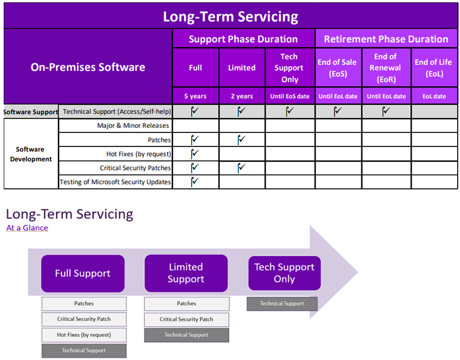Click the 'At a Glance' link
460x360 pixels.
27,228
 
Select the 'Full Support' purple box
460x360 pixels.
83,273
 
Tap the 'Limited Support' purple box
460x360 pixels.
186,273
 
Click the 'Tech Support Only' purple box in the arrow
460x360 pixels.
284,273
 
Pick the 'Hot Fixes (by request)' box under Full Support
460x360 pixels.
84,335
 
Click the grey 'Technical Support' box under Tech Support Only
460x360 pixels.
282,304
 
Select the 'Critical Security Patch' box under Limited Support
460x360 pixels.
186,319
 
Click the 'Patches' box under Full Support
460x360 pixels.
84,304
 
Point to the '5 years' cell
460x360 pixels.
196,96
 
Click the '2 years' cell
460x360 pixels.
242,96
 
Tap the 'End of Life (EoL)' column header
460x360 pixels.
434,68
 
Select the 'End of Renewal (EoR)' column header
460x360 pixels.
386,68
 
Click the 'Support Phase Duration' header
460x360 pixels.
243,39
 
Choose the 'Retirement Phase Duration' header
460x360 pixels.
386,39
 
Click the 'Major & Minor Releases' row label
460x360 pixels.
133,126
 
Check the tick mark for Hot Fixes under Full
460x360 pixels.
195,153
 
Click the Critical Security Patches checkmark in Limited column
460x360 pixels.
241,168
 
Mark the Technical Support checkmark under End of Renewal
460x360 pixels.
386,111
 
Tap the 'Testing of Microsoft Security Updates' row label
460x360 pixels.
115,182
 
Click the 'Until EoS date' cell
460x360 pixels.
290,96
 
